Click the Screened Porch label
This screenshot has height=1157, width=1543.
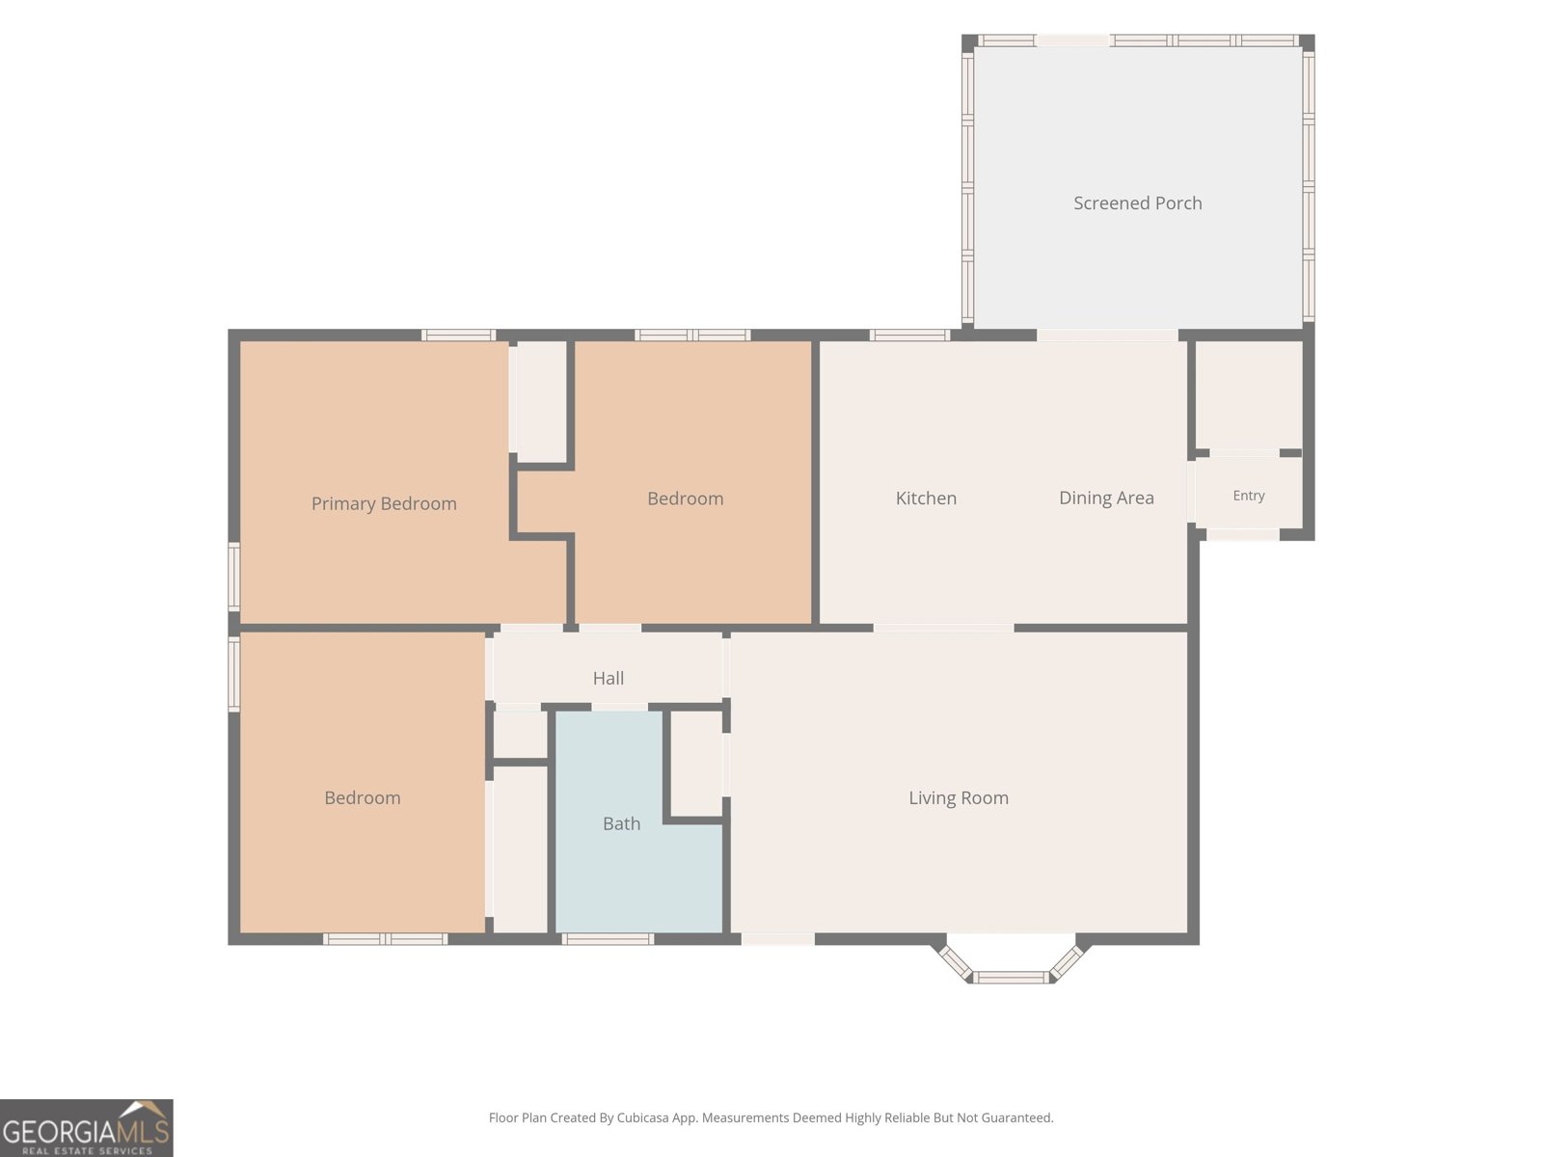(x=1137, y=203)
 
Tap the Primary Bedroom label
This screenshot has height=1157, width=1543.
(x=384, y=503)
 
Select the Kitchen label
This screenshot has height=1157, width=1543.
(x=926, y=498)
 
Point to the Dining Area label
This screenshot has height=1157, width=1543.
(x=1106, y=498)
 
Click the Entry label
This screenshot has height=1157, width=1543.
(x=1249, y=496)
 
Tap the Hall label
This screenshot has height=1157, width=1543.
(x=609, y=678)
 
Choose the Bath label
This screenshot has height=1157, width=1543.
(x=621, y=823)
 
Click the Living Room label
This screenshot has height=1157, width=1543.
(x=959, y=798)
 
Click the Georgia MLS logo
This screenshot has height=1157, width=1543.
(x=87, y=1128)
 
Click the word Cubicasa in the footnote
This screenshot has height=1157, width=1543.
(x=642, y=1117)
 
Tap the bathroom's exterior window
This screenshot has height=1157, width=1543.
(x=608, y=939)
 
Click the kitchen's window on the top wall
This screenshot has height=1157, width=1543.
(x=909, y=336)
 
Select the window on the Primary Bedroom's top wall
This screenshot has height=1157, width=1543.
(x=458, y=336)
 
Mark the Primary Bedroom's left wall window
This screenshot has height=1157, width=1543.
(x=234, y=576)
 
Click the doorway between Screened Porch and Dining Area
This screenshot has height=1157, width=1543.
(x=1107, y=336)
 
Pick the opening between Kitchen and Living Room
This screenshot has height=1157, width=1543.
(x=943, y=628)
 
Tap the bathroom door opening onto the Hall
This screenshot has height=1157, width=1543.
(x=619, y=707)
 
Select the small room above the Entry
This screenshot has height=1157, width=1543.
(x=1249, y=394)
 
